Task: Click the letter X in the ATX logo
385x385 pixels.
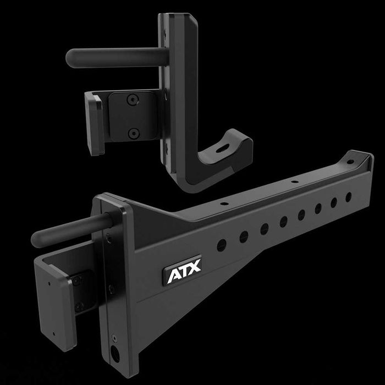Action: tap(195, 265)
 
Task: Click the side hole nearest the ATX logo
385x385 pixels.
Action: tap(221, 243)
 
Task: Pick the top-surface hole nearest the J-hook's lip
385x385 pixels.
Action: tap(224, 204)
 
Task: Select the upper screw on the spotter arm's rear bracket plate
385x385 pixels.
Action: tap(78, 281)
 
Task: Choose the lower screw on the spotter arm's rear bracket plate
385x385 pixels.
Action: tap(80, 306)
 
